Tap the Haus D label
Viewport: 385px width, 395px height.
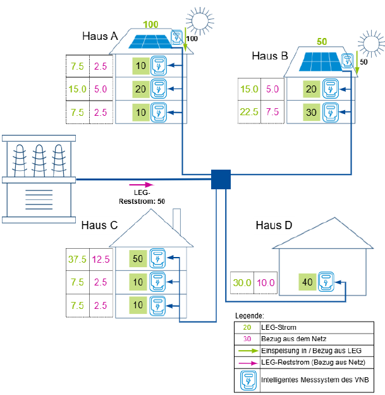coord(274,226)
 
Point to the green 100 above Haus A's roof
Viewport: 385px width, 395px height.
coord(150,25)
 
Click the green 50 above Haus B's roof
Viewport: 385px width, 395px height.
coord(321,41)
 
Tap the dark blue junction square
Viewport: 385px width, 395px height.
coord(221,180)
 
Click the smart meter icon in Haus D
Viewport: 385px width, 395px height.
coord(326,282)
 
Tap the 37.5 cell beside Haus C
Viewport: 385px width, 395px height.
coord(77,259)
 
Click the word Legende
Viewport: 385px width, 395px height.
coord(249,315)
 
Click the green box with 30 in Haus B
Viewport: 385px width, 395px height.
coord(311,112)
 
